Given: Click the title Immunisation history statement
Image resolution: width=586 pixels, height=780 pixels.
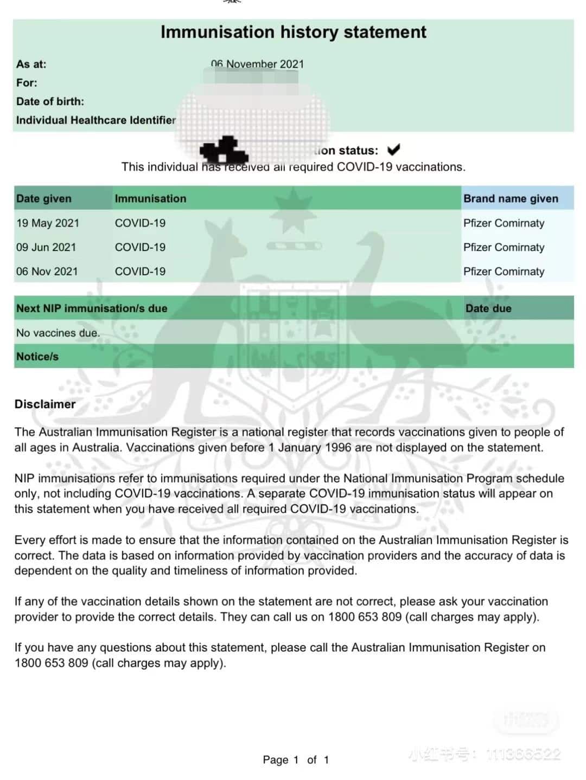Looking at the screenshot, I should coord(293,32).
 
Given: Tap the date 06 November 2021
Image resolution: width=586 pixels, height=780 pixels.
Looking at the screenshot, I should coord(258,64).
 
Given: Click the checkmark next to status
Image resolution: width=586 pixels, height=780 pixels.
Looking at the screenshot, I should coord(393,150).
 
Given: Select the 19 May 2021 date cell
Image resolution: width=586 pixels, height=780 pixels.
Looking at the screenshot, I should coord(48,223).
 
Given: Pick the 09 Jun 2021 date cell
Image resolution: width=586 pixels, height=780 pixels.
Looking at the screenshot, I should coord(46,247).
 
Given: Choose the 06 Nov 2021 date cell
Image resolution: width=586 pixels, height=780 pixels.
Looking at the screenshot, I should coord(47,271).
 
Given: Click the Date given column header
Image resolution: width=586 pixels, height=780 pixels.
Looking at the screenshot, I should coord(44,198).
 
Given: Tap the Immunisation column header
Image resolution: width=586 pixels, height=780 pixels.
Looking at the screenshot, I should coord(150,198).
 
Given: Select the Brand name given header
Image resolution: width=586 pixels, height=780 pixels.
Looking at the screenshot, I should coord(511,198).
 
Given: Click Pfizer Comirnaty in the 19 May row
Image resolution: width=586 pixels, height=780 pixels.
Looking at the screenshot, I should coord(504,223).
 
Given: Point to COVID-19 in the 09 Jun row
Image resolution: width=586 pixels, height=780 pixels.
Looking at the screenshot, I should coord(140,247).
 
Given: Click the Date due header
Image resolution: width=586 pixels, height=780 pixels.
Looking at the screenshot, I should coord(488,308).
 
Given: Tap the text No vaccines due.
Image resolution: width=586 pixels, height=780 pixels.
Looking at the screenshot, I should coord(58,333).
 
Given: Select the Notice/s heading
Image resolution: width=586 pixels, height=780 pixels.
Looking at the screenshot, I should coord(37,357).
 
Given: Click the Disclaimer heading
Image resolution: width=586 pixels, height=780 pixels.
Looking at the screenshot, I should coord(45,404).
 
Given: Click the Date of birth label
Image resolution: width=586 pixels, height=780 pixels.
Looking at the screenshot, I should coord(50,101).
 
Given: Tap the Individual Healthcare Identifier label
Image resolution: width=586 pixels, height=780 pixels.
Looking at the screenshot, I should coord(96,120).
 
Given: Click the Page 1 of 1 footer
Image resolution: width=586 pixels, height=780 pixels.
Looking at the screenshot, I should coord(296,759).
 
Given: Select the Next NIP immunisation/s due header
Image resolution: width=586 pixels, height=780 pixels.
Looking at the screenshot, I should coord(92,308).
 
